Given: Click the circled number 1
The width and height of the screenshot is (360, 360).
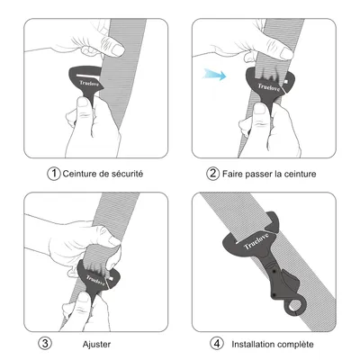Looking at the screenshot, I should [x=55, y=172].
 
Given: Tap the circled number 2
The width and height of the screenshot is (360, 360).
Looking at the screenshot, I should [x=213, y=172].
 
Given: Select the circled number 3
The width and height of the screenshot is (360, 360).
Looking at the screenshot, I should [x=46, y=343].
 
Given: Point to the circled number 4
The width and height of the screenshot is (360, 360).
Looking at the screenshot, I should [x=217, y=343].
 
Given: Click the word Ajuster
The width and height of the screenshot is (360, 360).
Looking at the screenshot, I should [x=97, y=343].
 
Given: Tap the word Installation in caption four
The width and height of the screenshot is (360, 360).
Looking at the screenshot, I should [x=255, y=343].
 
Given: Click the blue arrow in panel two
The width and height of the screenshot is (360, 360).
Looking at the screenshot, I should [x=212, y=76].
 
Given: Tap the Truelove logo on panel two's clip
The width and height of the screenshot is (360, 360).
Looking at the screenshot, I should [x=267, y=86].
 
